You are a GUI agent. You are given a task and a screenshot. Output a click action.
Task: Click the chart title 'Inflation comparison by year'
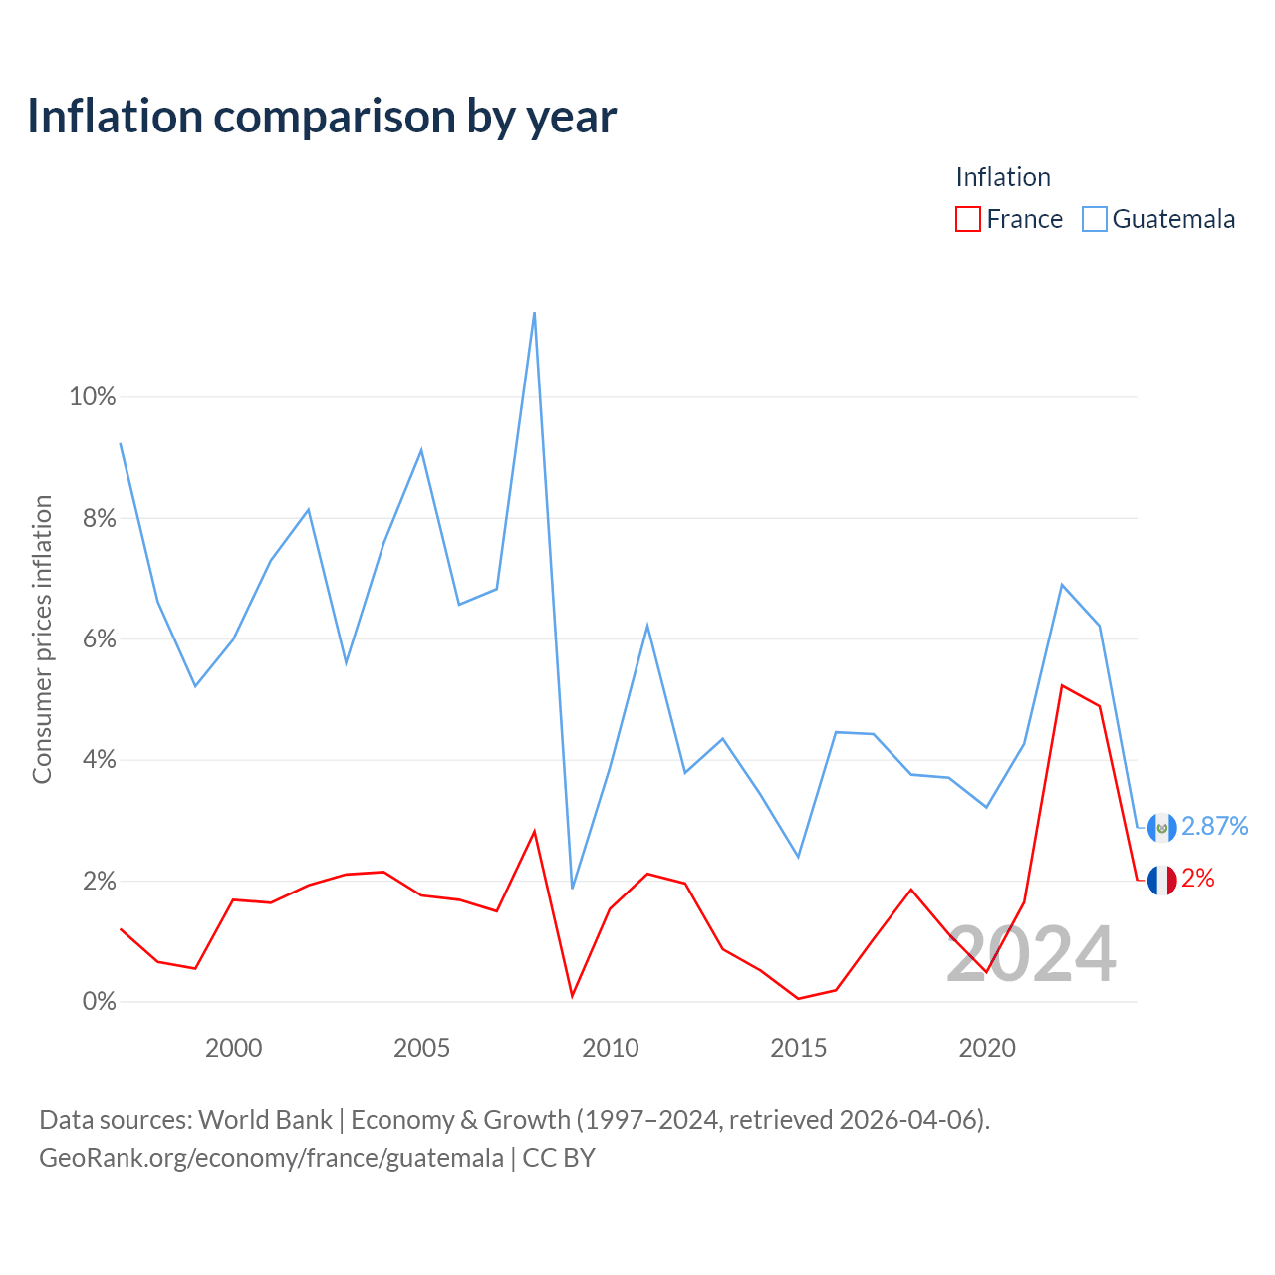[322, 118]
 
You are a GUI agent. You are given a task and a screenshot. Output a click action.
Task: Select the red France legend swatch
[967, 219]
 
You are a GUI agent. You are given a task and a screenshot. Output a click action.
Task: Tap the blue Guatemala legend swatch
[1094, 219]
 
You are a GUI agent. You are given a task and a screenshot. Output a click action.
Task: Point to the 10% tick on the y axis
[93, 397]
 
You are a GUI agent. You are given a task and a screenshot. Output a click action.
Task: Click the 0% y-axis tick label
[100, 1002]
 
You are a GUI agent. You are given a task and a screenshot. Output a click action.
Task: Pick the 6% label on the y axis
[100, 639]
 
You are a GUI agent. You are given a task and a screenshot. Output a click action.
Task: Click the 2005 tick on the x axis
[421, 1048]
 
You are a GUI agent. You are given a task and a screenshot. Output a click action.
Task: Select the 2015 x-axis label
[798, 1048]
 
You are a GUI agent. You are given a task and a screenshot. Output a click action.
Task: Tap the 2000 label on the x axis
[233, 1048]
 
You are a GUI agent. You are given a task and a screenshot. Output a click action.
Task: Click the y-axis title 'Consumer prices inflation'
[42, 639]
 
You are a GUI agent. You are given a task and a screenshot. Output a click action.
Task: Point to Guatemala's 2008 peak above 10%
[534, 313]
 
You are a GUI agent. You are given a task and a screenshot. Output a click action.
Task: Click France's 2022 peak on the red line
[1061, 685]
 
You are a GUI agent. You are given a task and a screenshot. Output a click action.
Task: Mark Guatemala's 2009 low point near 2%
[573, 888]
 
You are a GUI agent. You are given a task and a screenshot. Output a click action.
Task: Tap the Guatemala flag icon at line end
[1161, 827]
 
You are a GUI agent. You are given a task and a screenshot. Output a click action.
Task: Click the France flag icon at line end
[1161, 880]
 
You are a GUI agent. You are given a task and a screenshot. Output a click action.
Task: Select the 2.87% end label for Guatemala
[1215, 826]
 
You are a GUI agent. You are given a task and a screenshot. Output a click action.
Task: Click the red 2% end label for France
[1198, 878]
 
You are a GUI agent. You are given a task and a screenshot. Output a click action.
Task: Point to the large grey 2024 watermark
[1032, 953]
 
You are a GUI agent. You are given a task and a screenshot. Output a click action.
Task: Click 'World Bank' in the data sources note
[265, 1120]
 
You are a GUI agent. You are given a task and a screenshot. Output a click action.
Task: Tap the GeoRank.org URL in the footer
[271, 1158]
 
